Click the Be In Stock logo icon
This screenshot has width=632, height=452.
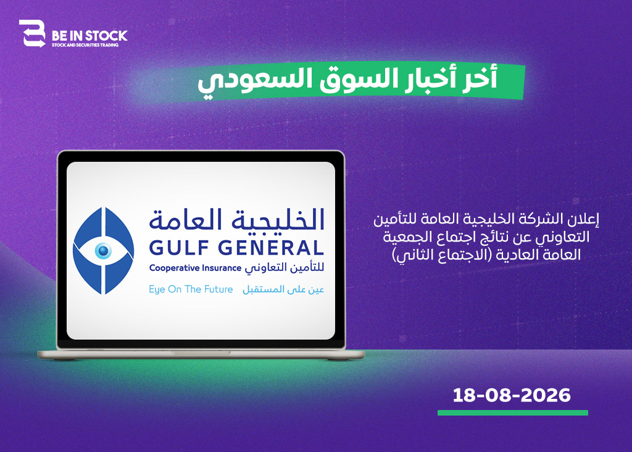(x=32, y=33)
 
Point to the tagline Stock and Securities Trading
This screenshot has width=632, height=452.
(x=85, y=45)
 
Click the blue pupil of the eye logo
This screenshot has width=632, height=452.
(x=103, y=251)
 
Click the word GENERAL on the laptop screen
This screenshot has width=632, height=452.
(x=272, y=248)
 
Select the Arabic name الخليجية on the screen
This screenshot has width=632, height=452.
(x=278, y=220)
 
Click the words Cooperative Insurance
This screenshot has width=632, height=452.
(x=195, y=268)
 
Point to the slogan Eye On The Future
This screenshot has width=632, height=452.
(x=191, y=290)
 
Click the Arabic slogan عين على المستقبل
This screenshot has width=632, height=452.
(x=283, y=290)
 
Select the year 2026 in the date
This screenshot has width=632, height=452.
(x=546, y=395)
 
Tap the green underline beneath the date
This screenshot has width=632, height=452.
(x=513, y=413)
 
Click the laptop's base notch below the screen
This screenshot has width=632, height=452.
(x=201, y=353)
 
